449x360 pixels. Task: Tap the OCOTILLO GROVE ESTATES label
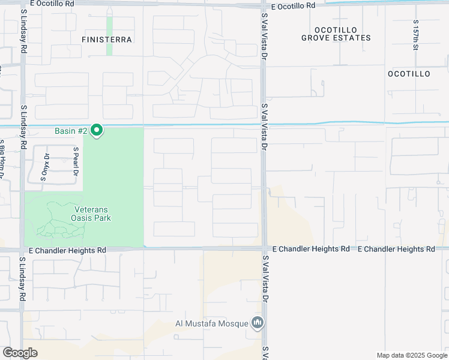336,34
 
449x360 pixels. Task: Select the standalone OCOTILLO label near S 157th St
409,74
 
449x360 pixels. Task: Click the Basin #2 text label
71,130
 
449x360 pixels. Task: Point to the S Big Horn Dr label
3,159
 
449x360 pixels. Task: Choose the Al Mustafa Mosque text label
211,323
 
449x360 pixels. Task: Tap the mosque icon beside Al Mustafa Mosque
258,323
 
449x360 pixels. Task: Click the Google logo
20,353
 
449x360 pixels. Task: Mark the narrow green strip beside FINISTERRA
109,35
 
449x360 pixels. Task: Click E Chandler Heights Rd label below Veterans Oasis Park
67,250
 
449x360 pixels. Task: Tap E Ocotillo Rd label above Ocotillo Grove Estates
293,6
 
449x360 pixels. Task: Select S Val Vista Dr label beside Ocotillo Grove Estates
264,41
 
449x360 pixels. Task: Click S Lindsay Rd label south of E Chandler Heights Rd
22,279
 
